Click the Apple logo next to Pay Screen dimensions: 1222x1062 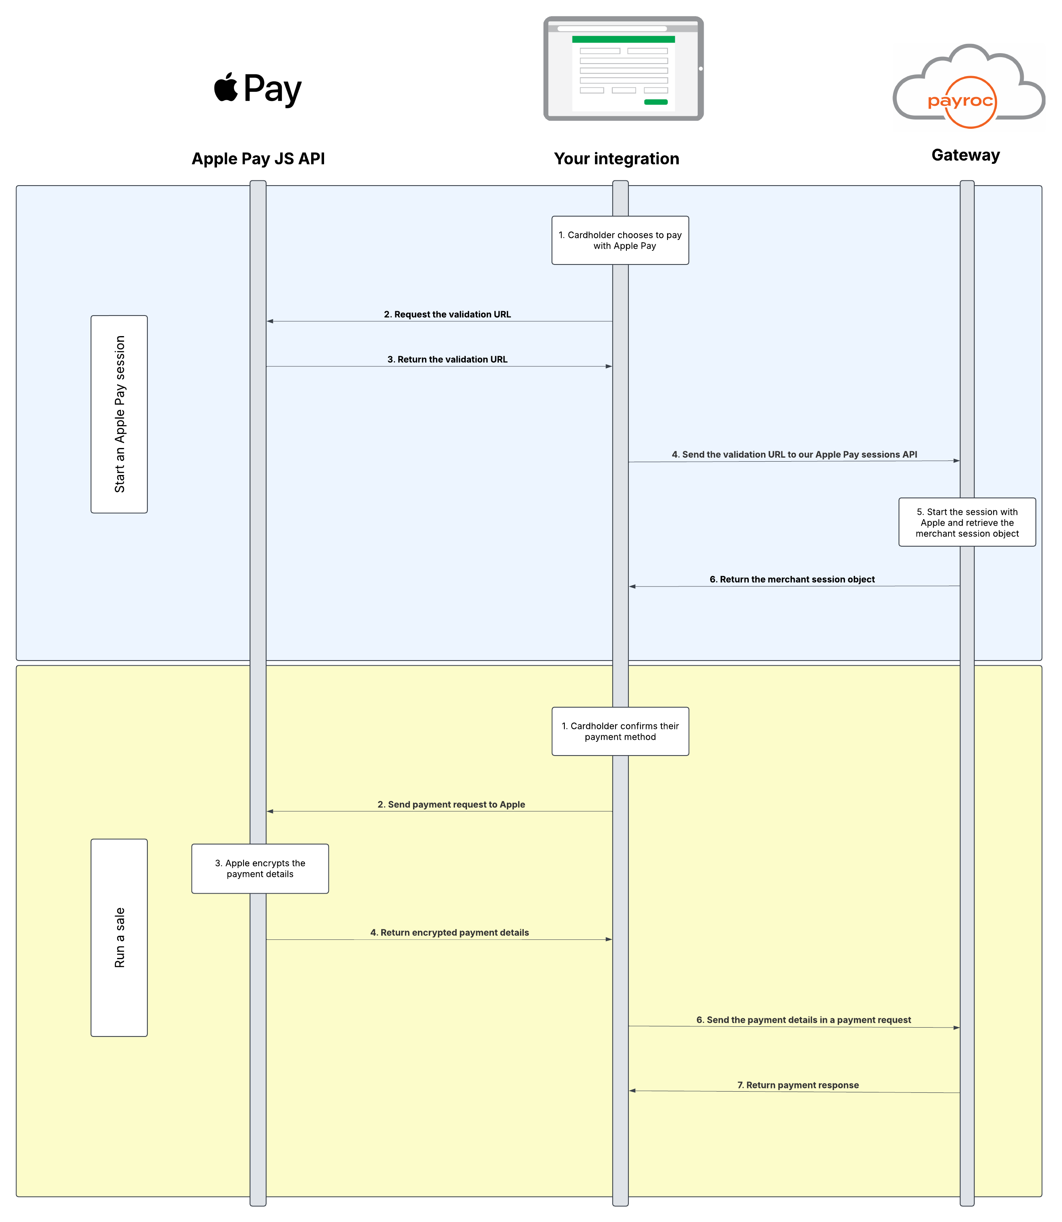click(x=226, y=88)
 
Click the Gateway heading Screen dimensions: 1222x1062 click(x=965, y=155)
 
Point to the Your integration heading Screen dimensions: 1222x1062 click(x=616, y=159)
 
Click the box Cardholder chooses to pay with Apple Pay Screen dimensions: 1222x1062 click(x=620, y=241)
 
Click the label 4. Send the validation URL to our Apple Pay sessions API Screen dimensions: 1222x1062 click(x=794, y=454)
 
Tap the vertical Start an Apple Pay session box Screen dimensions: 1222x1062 click(x=119, y=414)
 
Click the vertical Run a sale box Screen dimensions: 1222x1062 click(x=119, y=937)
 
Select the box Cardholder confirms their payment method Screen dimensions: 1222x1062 click(x=620, y=731)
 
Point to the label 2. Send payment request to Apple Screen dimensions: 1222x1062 click(x=451, y=805)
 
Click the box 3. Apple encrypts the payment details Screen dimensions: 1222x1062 click(x=260, y=869)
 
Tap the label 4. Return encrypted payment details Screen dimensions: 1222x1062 click(x=449, y=933)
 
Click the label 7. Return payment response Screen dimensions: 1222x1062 click(x=798, y=1085)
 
